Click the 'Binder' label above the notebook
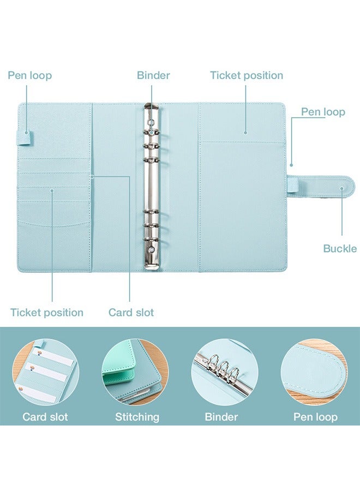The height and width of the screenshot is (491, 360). [x=153, y=75]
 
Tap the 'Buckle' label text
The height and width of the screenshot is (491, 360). [x=340, y=249]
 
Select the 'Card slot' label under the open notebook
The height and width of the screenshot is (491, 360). [x=131, y=313]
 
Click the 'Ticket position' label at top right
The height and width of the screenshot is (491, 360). [x=247, y=75]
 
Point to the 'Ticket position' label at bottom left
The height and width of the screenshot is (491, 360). [x=47, y=313]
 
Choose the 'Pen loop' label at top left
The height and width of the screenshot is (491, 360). [x=30, y=75]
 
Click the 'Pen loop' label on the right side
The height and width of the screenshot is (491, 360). [x=323, y=112]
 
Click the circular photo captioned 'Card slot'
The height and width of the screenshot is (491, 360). [x=46, y=372]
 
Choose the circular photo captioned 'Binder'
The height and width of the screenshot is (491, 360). [x=224, y=372]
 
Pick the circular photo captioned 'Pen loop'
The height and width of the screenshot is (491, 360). [x=314, y=372]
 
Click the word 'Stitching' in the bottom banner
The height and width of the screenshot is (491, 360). [x=137, y=417]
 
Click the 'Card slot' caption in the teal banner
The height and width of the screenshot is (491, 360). [x=45, y=417]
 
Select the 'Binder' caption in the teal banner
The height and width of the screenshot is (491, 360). [x=221, y=417]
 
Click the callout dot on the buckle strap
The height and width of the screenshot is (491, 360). [x=342, y=188]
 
